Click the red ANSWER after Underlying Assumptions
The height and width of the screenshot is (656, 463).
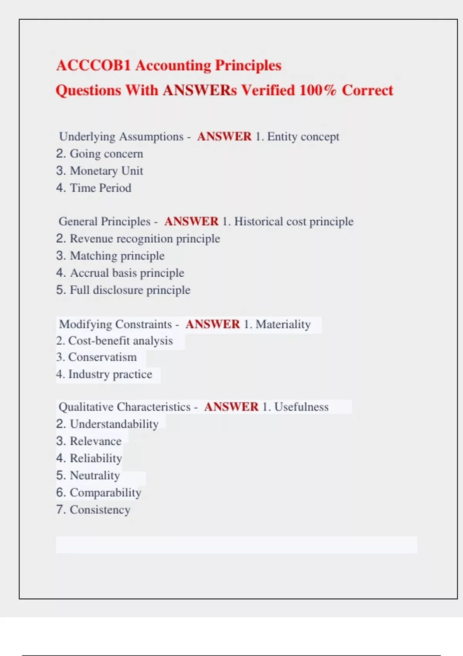[224, 137]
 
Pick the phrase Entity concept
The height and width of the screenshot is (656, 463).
[303, 137]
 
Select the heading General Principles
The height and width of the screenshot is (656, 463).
[105, 221]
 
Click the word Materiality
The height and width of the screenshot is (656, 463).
[283, 325]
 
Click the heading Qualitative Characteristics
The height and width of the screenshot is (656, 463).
[125, 407]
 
